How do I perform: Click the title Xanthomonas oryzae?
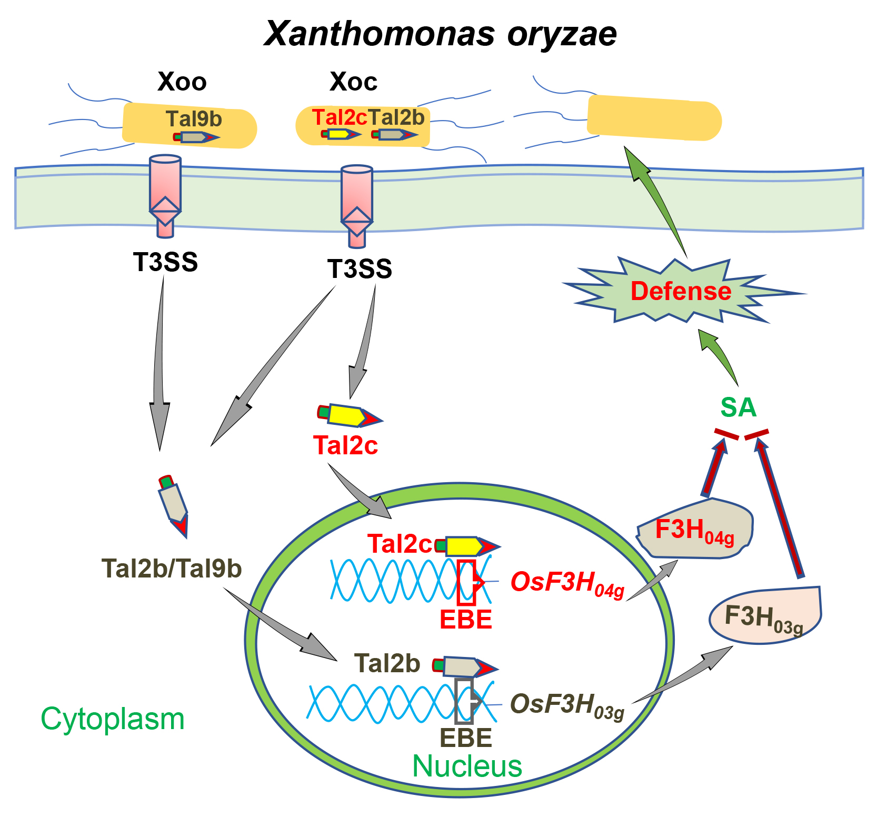point(440,34)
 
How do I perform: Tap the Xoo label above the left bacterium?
point(182,82)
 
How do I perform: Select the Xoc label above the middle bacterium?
point(353,82)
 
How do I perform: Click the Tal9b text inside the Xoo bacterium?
point(194,119)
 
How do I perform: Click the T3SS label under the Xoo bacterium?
point(165,262)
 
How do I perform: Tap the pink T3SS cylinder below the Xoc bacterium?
point(356,205)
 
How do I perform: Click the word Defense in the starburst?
point(681,291)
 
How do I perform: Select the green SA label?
point(738,407)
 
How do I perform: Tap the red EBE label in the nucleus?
point(466,620)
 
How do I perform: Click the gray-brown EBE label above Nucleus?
point(466,738)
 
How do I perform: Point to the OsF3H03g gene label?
point(567,705)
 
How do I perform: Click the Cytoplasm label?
point(113,719)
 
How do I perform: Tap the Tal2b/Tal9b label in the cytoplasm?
point(172,569)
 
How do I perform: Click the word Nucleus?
point(467,766)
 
